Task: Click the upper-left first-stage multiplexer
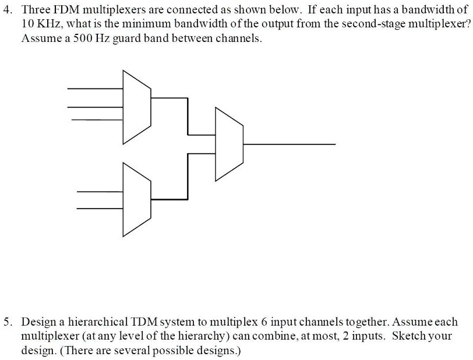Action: (x=137, y=107)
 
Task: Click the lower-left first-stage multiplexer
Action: (x=137, y=199)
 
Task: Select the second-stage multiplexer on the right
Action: (x=230, y=144)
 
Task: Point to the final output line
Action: (x=290, y=144)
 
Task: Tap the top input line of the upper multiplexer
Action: (x=95, y=89)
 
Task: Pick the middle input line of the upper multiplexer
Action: (x=95, y=107)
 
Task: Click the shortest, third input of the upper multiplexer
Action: (x=97, y=120)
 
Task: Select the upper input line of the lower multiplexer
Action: (x=100, y=192)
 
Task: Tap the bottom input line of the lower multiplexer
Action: (x=100, y=209)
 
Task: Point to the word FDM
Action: (x=66, y=10)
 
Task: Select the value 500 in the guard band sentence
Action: (x=82, y=38)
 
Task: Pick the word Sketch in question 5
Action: (x=409, y=336)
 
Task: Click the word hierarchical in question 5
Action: (x=98, y=322)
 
